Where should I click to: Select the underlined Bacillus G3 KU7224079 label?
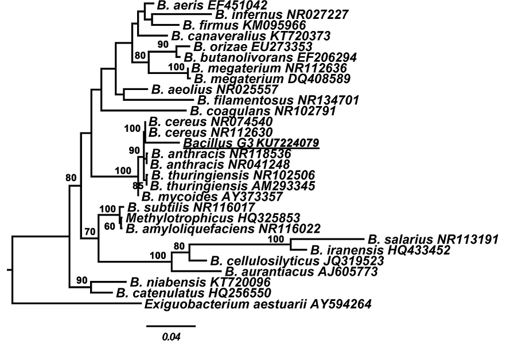tap(251, 143)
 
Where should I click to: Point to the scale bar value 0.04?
tap(171, 337)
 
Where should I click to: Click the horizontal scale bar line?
tap(171, 326)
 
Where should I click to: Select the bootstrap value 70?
tap(89, 232)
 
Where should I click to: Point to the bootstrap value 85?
tap(138, 186)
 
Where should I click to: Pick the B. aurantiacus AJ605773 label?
tap(301, 271)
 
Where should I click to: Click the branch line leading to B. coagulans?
tap(143, 111)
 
